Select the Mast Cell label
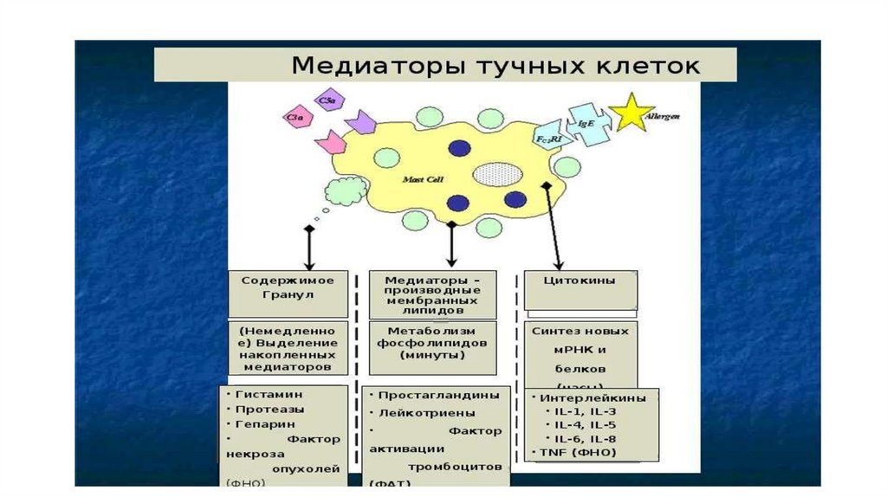pos(424,179)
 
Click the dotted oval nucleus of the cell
pos(495,173)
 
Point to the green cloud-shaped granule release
pos(344,187)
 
